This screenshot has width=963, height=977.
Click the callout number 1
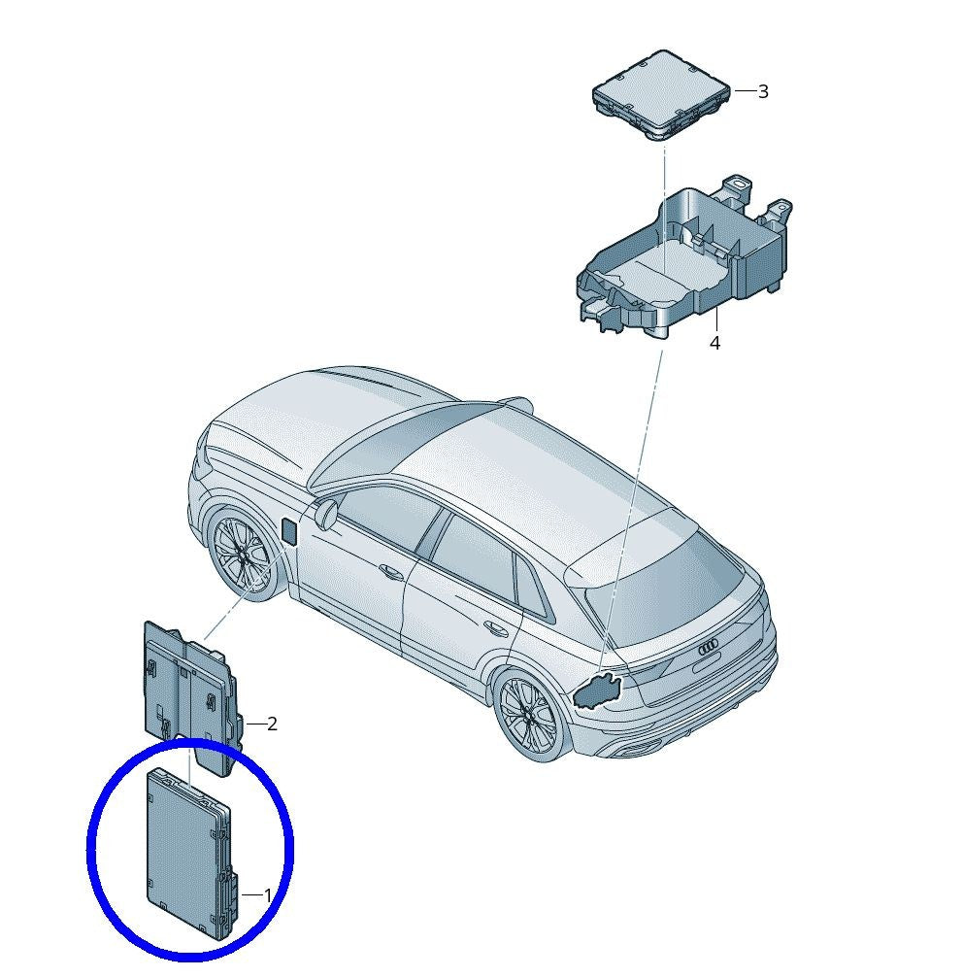[x=268, y=896]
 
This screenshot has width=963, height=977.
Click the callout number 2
[x=272, y=724]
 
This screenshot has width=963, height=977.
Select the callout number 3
[x=763, y=91]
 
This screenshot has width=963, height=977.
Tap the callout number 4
[x=715, y=344]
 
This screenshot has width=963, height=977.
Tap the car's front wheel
[x=243, y=554]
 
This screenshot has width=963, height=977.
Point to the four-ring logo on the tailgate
[x=710, y=648]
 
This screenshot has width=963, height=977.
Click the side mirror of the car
[x=325, y=513]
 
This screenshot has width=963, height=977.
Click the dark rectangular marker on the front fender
[x=290, y=529]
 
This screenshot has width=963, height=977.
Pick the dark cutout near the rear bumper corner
[x=597, y=691]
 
